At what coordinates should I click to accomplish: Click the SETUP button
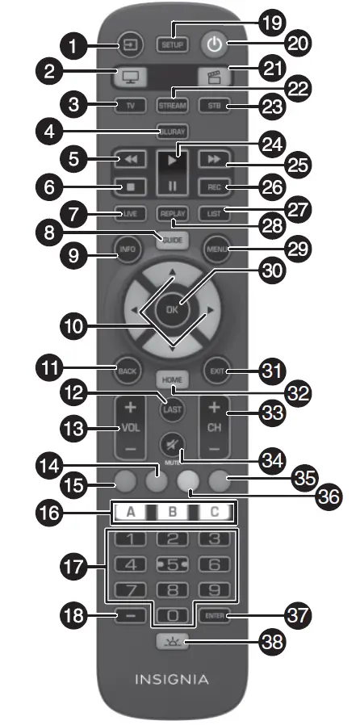tap(172, 44)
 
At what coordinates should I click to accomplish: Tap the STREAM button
tap(172, 106)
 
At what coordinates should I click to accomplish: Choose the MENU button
tap(216, 249)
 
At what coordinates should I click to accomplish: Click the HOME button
tap(172, 379)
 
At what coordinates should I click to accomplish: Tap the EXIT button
tap(216, 372)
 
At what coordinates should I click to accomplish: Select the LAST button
tap(172, 409)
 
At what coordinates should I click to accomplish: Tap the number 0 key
tap(172, 616)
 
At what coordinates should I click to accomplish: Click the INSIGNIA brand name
tap(172, 679)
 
